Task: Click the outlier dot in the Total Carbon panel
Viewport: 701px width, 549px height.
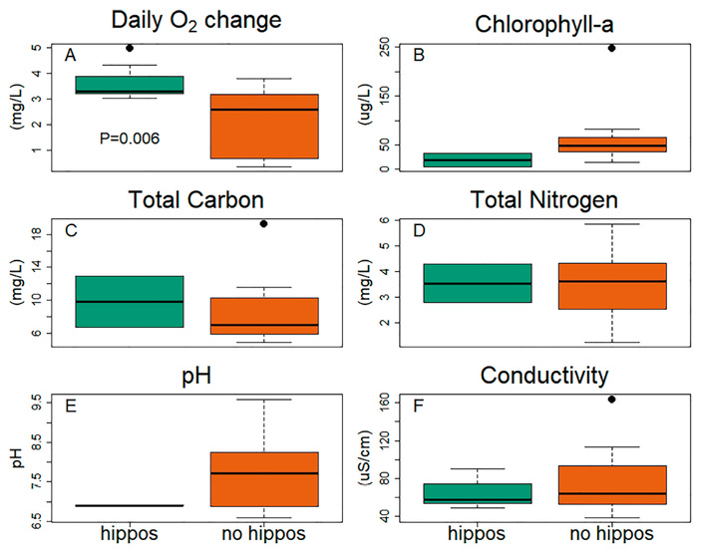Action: tap(263, 223)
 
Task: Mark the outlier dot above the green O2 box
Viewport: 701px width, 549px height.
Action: tap(130, 48)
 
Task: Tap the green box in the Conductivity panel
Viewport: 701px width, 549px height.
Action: tap(478, 493)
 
